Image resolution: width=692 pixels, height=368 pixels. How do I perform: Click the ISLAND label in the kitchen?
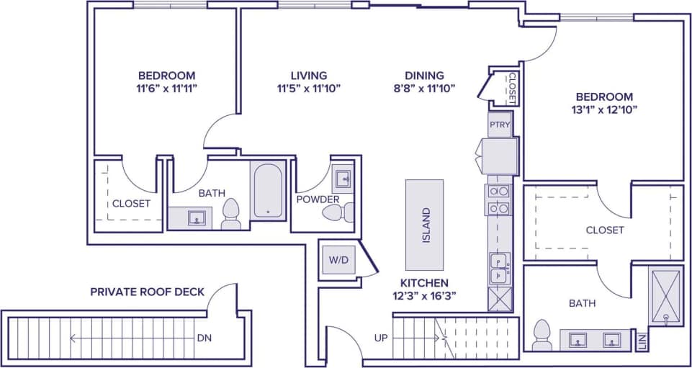426,225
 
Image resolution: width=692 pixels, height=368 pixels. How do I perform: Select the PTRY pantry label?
500,125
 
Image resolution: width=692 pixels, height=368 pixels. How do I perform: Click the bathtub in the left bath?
268,190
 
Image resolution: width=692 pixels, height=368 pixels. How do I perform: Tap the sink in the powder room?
343,178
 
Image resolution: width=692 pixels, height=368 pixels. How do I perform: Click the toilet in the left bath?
231,215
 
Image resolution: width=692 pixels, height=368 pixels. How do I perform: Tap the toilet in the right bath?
542,336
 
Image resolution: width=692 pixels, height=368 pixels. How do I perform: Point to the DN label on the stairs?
205,337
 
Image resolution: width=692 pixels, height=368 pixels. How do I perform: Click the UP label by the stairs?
382,337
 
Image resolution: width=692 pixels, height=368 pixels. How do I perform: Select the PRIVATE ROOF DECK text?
147,292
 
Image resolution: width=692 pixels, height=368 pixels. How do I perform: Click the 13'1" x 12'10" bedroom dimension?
603,110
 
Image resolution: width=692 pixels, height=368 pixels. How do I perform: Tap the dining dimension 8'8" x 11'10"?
424,89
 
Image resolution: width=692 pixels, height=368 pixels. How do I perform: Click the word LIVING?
308,75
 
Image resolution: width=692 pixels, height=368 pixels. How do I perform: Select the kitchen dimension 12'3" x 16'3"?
425,295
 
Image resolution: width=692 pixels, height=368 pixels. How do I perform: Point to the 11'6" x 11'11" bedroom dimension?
166,89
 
